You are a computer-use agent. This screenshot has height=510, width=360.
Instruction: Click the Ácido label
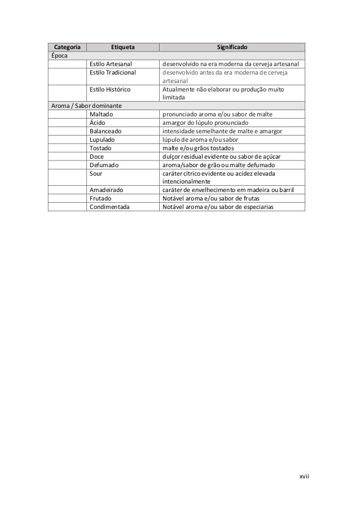click(x=98, y=123)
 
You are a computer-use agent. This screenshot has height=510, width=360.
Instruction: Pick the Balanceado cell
click(x=106, y=132)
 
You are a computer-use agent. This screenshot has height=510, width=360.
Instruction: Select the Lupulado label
click(x=102, y=140)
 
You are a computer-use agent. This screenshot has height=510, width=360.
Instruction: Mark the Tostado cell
click(x=100, y=148)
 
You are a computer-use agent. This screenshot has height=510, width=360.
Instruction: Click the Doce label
click(x=97, y=156)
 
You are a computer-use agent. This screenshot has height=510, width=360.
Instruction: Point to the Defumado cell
click(x=104, y=165)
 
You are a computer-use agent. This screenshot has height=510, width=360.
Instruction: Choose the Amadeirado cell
click(x=107, y=190)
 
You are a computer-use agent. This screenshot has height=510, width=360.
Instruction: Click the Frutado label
click(x=100, y=199)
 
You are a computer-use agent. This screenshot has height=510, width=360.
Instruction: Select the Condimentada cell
click(x=109, y=207)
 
